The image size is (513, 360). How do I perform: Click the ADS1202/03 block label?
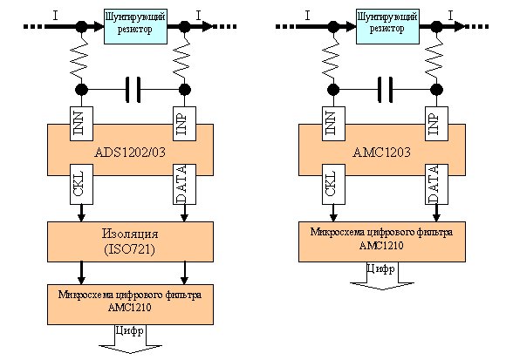(130, 153)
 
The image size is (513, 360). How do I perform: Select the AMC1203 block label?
(381, 153)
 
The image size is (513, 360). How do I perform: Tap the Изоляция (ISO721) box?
(130, 242)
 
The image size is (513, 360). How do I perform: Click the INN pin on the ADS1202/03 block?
(81, 124)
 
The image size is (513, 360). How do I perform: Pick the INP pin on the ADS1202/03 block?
(185, 124)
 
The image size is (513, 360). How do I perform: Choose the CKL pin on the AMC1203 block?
(333, 185)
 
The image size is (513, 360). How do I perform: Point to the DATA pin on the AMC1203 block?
(436, 185)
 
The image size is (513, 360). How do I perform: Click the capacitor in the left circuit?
(133, 90)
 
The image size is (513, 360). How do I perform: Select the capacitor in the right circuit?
(385, 90)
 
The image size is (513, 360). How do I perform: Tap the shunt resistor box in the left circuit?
(135, 26)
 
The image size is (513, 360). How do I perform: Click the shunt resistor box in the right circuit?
(387, 26)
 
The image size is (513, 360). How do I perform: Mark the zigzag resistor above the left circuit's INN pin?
(80, 58)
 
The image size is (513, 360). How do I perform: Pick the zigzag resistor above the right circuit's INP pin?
(435, 58)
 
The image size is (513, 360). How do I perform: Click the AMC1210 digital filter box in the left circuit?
(130, 304)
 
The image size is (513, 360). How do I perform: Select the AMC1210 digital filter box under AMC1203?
(382, 242)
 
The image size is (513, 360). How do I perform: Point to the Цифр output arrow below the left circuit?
(130, 339)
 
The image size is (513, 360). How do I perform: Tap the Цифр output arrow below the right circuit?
(382, 276)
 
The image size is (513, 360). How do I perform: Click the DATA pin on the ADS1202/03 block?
(185, 185)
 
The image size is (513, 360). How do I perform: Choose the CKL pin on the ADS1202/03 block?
(81, 185)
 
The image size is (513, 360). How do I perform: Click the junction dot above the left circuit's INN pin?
(81, 89)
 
